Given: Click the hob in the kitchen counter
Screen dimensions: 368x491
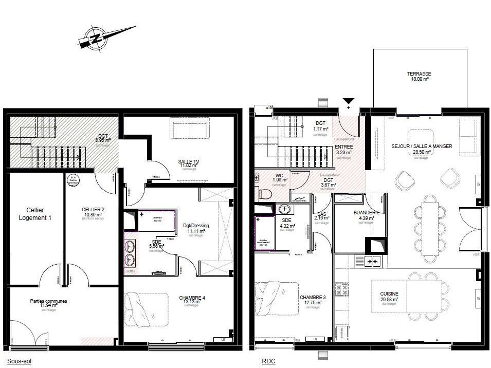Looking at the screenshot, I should tap(372, 262).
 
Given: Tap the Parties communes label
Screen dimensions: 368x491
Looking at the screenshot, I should tap(49, 303).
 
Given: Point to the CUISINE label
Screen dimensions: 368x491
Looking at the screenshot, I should tap(389, 296).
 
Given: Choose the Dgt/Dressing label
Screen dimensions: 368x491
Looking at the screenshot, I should tap(196, 228).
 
